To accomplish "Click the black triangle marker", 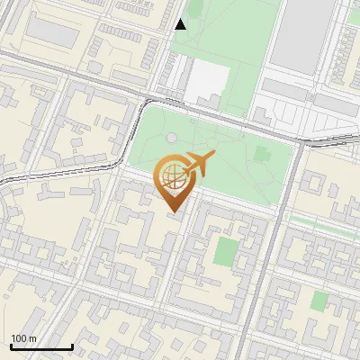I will [x=181, y=24].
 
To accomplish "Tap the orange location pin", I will [x=172, y=184].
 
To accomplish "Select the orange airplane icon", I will [x=199, y=165].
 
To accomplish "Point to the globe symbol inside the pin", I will [x=171, y=176].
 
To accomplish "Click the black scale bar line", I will [x=41, y=346].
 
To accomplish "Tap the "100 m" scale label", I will [x=23, y=338].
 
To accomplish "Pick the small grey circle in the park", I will [x=171, y=138].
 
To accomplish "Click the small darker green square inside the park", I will [x=262, y=154].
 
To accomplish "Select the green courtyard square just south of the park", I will [x=228, y=251].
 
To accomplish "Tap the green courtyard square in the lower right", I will [x=319, y=300].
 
